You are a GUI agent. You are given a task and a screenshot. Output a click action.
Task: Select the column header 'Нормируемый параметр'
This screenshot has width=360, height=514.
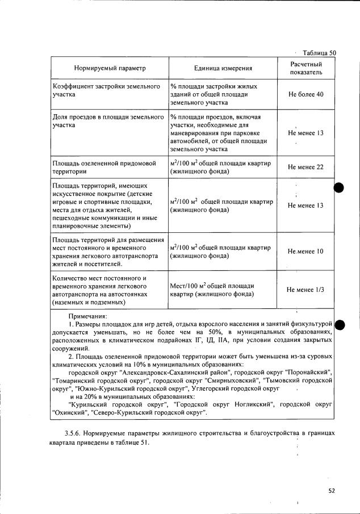click(x=110, y=68)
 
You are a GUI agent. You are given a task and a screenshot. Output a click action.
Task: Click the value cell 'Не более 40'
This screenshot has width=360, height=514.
click(x=305, y=94)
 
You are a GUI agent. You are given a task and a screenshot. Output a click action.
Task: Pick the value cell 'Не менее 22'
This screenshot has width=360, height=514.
click(x=305, y=167)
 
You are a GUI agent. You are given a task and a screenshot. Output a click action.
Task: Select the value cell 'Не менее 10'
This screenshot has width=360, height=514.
click(x=305, y=251)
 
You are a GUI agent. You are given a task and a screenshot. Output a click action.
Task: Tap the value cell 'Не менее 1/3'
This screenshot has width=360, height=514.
click(x=305, y=290)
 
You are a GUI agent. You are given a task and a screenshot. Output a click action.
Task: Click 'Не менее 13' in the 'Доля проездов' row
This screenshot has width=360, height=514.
click(x=305, y=133)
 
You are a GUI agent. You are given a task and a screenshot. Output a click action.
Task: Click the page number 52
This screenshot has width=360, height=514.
click(x=332, y=491)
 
